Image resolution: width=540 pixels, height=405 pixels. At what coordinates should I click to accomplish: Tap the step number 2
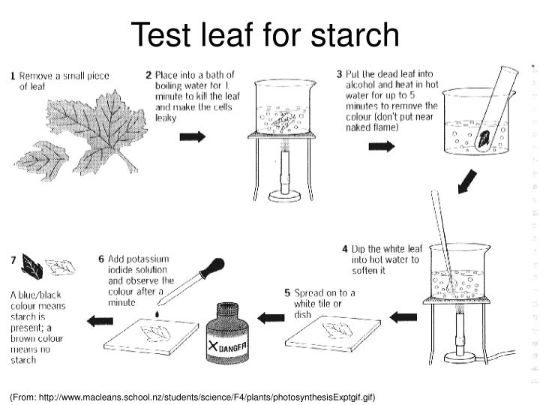pos(148,75)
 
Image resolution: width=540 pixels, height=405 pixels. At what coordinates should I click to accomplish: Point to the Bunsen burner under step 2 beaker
pos(283,180)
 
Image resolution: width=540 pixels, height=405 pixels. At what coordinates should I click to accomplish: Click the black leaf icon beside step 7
pos(32,263)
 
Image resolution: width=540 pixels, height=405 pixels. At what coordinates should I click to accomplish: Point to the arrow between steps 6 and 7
pos(100,321)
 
